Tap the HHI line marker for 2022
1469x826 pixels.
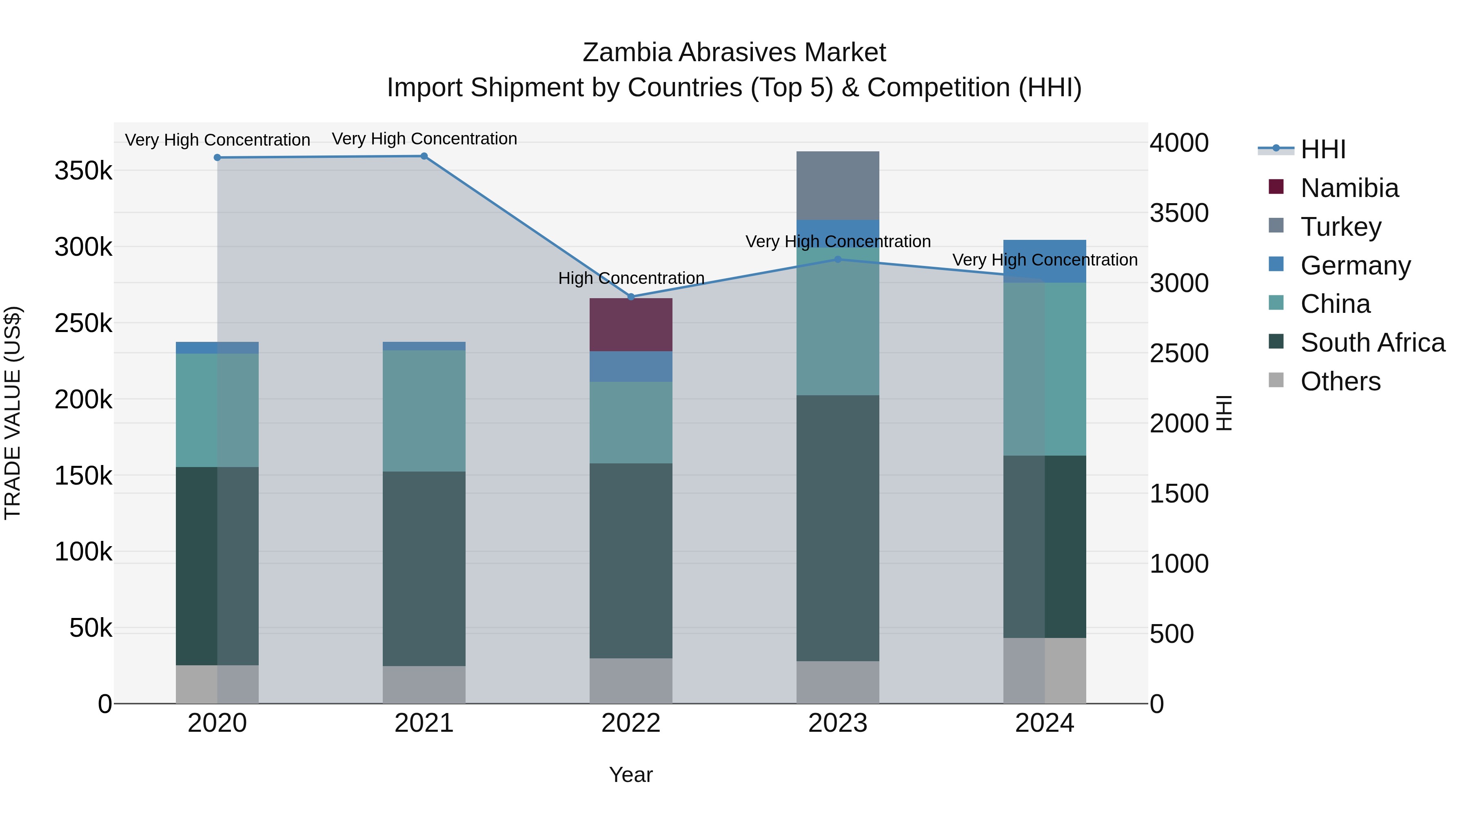pos(631,297)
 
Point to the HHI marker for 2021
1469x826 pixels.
pos(424,156)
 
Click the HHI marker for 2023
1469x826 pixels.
pos(838,259)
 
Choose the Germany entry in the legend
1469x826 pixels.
pos(1355,266)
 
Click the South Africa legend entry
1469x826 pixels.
pos(1372,343)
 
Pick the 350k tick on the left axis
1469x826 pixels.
pos(83,171)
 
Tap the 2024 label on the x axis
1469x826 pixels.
pos(1044,723)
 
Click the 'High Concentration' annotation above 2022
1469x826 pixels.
pos(631,278)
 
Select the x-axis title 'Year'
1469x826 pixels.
pos(631,775)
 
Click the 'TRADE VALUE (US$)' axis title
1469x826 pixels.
pos(13,413)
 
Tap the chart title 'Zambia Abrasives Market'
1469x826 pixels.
pos(734,53)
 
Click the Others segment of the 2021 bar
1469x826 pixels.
pos(424,684)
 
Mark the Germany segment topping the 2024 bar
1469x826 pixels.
pos(1044,261)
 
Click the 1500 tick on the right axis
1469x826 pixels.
pos(1178,494)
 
